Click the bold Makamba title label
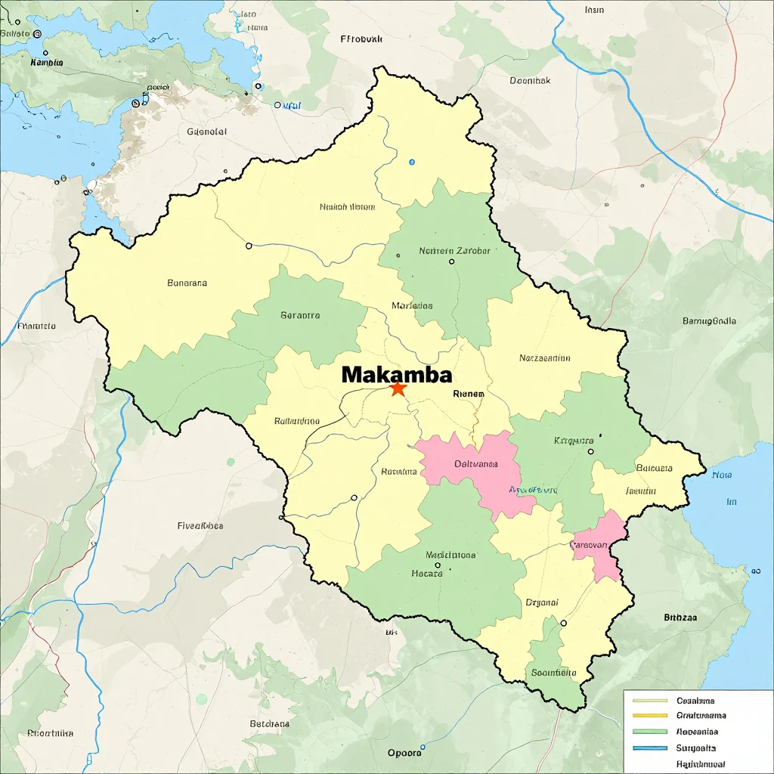tap(397, 374)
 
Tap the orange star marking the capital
tap(398, 389)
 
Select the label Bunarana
tap(187, 283)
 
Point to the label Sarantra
tap(300, 315)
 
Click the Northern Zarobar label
tap(454, 250)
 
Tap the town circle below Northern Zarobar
tap(451, 262)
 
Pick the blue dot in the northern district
tap(412, 162)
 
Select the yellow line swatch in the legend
tap(649, 715)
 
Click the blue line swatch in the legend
tap(649, 748)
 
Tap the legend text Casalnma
tap(695, 701)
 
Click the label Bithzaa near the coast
tap(680, 617)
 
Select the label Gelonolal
tap(206, 132)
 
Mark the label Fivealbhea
tap(200, 525)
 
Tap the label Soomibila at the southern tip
tap(554, 672)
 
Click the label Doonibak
tap(530, 80)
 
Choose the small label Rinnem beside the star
tap(469, 393)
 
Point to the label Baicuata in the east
tap(655, 468)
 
